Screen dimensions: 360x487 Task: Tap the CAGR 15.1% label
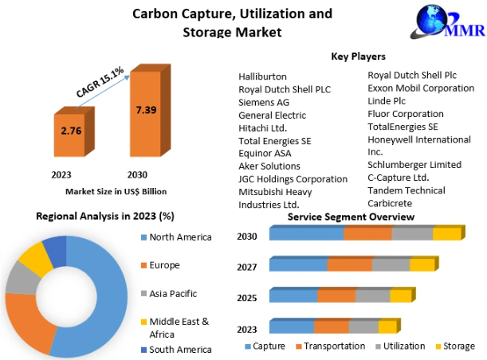[100, 82]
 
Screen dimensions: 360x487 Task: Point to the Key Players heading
[358, 57]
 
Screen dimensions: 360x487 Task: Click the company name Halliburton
[263, 76]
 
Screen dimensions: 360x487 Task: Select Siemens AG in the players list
[264, 102]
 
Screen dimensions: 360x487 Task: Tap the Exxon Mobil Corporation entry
[420, 88]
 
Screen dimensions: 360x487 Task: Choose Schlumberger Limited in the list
[414, 165]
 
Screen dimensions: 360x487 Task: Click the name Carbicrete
[391, 203]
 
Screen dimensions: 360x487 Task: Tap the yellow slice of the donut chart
[33, 260]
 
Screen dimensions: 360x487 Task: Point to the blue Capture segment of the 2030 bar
[307, 233]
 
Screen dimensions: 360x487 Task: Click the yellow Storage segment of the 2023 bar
[387, 326]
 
